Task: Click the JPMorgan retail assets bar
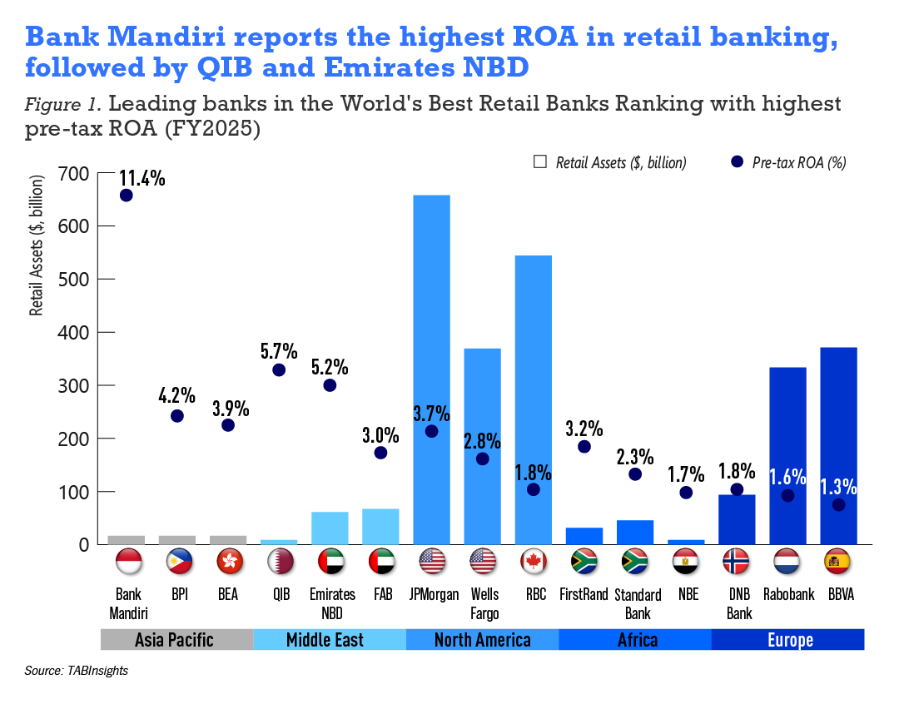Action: [431, 370]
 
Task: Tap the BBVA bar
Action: [838, 445]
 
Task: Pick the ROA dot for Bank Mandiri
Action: [127, 195]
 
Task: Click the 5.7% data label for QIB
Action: [279, 350]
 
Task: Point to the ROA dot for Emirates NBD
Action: [330, 385]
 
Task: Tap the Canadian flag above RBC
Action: [534, 563]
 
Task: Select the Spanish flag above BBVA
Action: [838, 563]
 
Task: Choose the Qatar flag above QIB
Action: [279, 563]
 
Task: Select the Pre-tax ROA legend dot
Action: [737, 162]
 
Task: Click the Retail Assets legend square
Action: [539, 162]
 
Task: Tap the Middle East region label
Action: [330, 640]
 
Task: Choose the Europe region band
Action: [788, 640]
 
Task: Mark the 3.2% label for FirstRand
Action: [584, 429]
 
